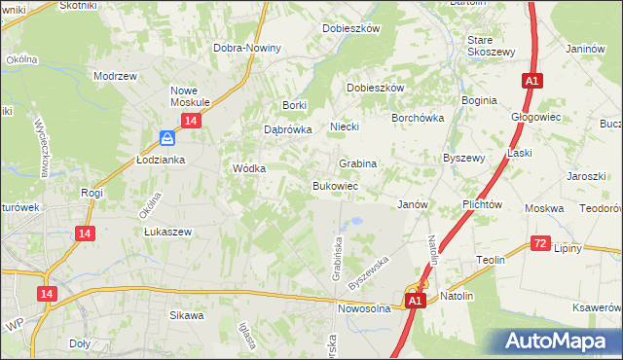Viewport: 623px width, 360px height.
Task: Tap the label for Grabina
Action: pos(357,163)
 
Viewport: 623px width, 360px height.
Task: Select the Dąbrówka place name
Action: pos(287,128)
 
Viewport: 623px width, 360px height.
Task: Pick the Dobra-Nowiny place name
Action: pos(248,48)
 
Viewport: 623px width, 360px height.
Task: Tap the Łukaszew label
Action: pos(167,232)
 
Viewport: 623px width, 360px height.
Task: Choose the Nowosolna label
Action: pos(364,308)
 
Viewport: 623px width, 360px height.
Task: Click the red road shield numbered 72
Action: pos(542,242)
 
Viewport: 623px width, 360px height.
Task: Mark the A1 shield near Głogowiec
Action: pos(531,82)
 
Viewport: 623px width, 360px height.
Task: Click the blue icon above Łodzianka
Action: pos(167,138)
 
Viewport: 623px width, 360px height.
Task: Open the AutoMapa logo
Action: pos(557,341)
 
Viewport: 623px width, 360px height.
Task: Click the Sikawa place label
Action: pos(187,315)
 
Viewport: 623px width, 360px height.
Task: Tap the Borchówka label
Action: pos(418,117)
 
